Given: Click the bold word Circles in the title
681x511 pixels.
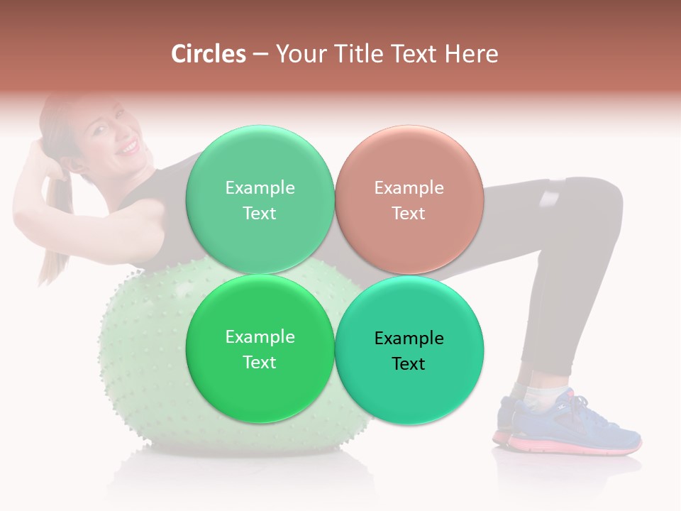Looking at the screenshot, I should [208, 54].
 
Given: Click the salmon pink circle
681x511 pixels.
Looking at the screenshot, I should [409, 199].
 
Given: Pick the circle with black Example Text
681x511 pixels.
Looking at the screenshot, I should [409, 350].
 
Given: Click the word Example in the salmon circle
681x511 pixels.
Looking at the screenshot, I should [409, 187].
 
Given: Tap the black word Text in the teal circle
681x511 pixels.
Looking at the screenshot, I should [409, 364].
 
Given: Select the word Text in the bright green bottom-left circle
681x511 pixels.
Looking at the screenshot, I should [260, 363].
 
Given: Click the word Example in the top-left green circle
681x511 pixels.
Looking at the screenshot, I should [260, 187].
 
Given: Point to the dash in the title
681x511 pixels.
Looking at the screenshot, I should [260, 55].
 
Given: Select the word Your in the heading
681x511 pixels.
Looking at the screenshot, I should [297, 54].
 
